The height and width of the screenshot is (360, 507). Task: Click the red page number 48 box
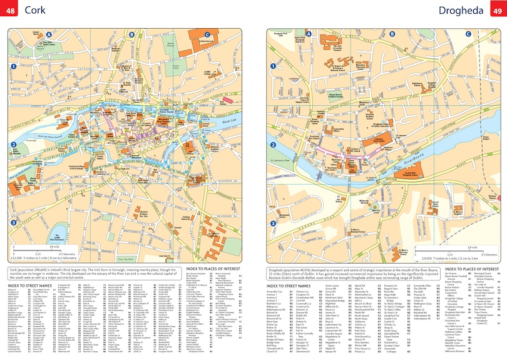[11, 11]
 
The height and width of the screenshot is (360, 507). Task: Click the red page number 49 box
[496, 11]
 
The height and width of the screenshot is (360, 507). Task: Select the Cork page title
[35, 11]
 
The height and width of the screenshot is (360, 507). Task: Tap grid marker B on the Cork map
[131, 34]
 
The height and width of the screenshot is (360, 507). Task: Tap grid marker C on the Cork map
[207, 34]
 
